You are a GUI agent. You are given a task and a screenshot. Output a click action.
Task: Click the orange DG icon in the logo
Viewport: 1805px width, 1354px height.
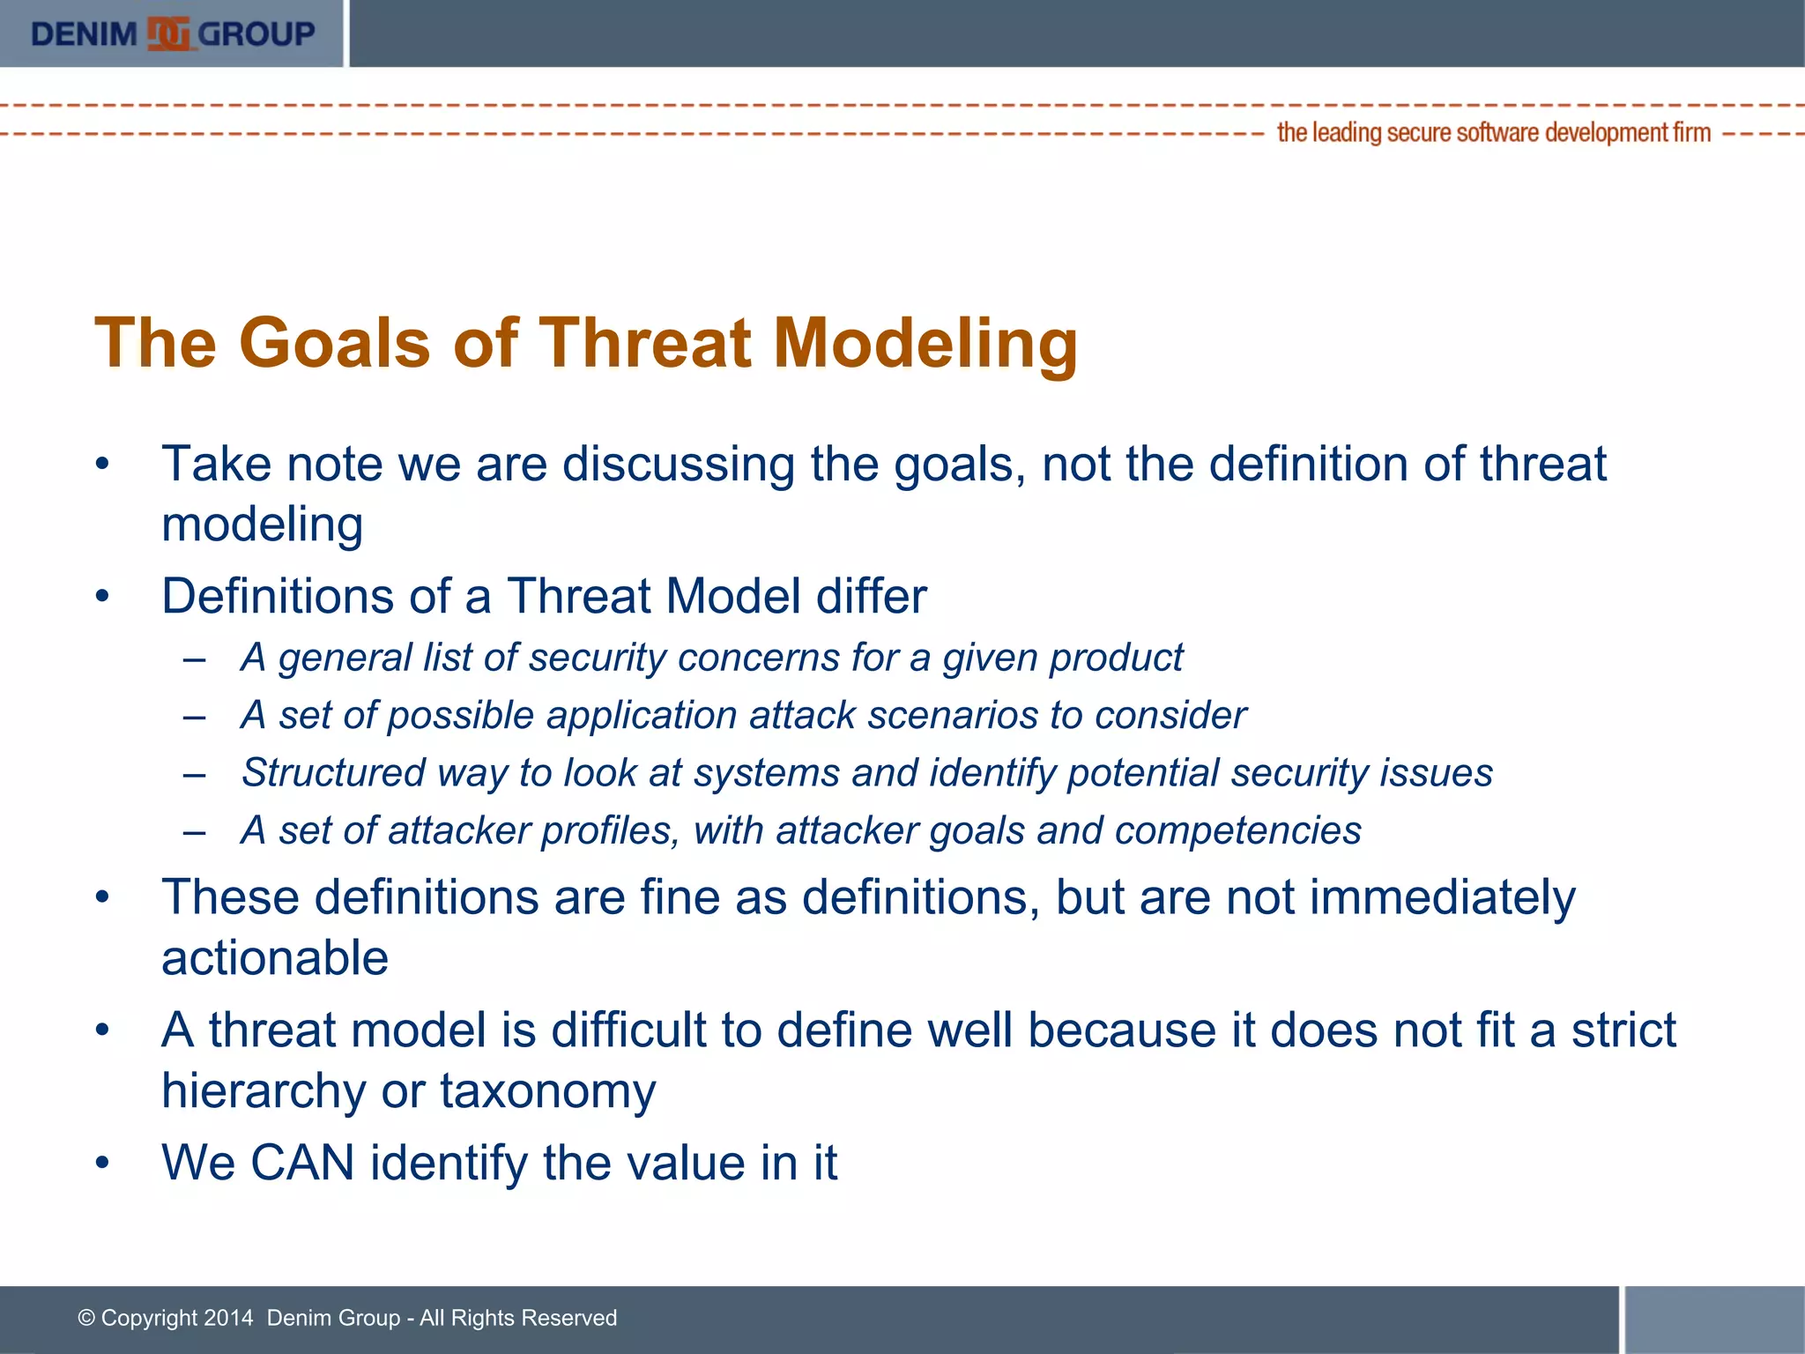pyautogui.click(x=169, y=33)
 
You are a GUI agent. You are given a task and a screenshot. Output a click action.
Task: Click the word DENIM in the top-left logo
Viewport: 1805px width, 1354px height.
pyautogui.click(x=84, y=33)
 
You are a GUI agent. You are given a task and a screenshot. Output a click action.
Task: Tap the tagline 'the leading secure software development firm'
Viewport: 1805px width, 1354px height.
pyautogui.click(x=1493, y=133)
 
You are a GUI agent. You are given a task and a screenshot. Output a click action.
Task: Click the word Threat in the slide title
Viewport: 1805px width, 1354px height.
pyautogui.click(x=644, y=343)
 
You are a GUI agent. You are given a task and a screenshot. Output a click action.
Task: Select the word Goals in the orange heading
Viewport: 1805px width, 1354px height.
pyautogui.click(x=334, y=343)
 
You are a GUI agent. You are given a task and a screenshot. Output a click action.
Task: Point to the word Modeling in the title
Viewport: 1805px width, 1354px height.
pyautogui.click(x=925, y=343)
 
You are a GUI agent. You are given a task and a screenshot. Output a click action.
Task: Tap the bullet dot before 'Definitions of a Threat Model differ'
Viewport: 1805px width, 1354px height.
pyautogui.click(x=103, y=596)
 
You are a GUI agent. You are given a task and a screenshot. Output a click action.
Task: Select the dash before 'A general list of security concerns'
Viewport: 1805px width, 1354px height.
pyautogui.click(x=195, y=658)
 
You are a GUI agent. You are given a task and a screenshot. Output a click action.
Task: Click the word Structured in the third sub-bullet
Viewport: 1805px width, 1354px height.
pyautogui.click(x=333, y=773)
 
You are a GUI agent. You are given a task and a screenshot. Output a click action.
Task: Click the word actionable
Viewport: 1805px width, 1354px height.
pyautogui.click(x=274, y=958)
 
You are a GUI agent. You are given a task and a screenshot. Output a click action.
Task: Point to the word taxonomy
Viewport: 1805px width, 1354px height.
pyautogui.click(x=547, y=1091)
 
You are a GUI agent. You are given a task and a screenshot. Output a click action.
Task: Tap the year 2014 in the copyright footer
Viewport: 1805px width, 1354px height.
pyautogui.click(x=227, y=1318)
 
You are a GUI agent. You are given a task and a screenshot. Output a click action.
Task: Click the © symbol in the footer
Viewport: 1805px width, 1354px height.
pyautogui.click(x=86, y=1318)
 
